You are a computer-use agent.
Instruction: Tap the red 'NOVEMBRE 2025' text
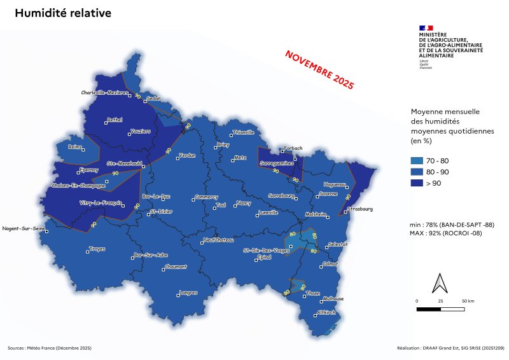click(x=319, y=69)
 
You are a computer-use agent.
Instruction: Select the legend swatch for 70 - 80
click(x=420, y=160)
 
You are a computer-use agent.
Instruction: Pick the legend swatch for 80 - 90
click(x=420, y=172)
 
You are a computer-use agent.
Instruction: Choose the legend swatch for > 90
click(x=420, y=184)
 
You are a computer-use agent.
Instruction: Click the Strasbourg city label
click(x=360, y=209)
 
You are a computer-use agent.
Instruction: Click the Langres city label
click(x=189, y=293)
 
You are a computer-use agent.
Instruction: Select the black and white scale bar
click(x=440, y=309)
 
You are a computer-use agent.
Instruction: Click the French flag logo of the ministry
click(x=426, y=27)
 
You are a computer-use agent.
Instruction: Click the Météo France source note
click(x=50, y=348)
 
